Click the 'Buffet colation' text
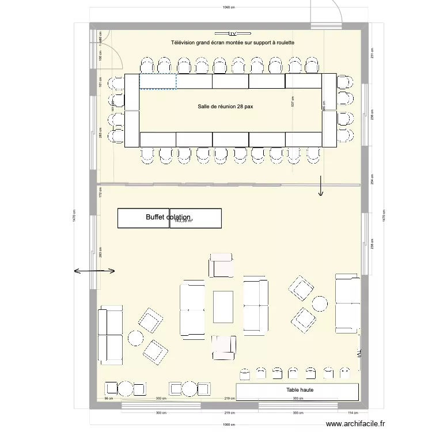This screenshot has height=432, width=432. [x=168, y=218]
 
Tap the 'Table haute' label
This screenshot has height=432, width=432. [x=300, y=391]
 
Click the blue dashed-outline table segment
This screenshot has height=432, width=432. [x=158, y=81]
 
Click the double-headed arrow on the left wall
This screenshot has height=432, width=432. [x=94, y=271]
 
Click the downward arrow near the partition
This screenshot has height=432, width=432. [x=321, y=187]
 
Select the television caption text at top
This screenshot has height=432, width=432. [x=233, y=43]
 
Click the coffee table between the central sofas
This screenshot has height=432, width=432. [x=223, y=306]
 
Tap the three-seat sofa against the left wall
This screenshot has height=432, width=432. [x=111, y=337]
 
